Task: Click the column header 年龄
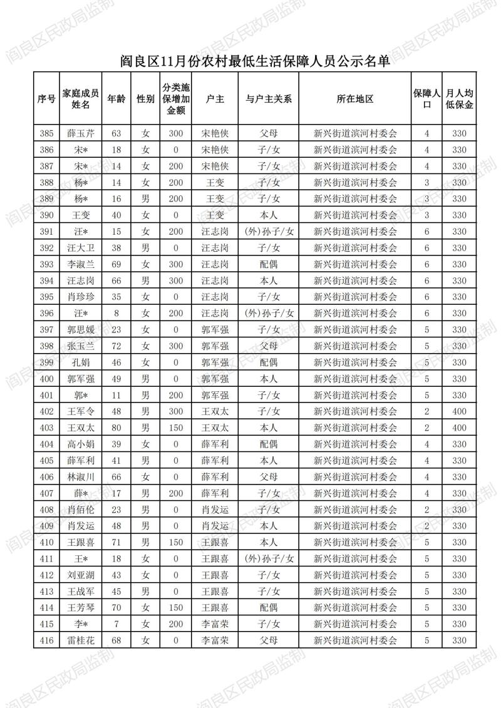tap(116, 99)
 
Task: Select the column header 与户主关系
tap(269, 99)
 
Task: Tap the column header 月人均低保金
tap(459, 99)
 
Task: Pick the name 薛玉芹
tap(81, 133)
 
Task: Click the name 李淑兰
tap(81, 264)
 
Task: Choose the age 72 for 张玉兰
tap(116, 346)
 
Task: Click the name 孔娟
tap(81, 362)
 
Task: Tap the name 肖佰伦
tap(81, 510)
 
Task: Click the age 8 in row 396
tap(116, 313)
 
